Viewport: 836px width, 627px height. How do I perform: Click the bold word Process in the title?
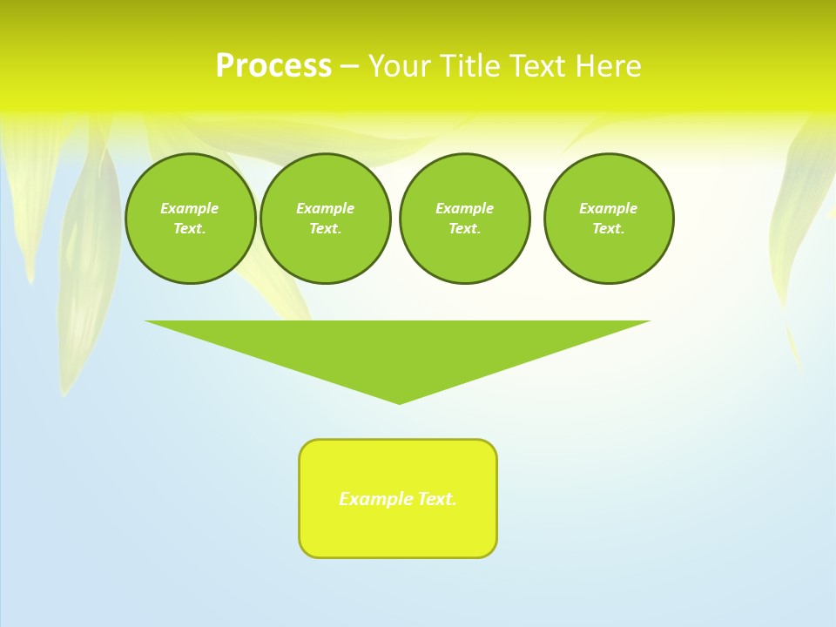(273, 66)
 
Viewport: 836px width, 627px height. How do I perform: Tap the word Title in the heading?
(471, 66)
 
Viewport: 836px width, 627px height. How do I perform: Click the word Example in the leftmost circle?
(189, 208)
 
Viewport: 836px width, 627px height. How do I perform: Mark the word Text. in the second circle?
(325, 228)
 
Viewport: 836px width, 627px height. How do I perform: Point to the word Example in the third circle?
(464, 208)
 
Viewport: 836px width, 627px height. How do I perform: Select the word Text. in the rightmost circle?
(608, 228)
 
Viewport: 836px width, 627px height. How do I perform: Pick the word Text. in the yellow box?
(437, 499)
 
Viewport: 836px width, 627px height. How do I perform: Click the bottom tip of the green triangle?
(399, 401)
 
